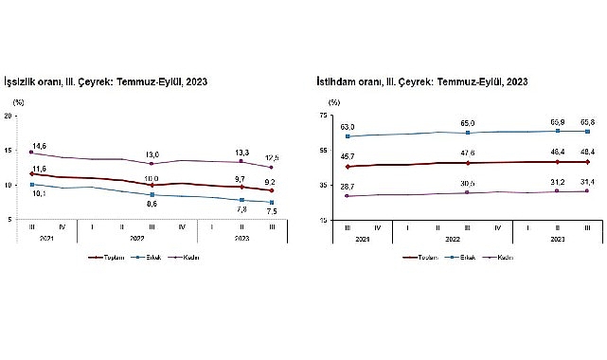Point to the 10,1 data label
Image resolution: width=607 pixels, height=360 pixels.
(40, 194)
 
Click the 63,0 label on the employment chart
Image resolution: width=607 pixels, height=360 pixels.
(348, 127)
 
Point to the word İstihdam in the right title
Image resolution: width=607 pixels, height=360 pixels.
(337, 82)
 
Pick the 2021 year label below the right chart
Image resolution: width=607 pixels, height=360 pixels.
(363, 240)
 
